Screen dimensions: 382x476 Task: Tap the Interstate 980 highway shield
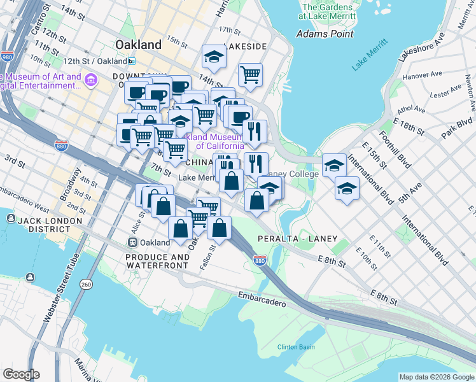click(x=7, y=57)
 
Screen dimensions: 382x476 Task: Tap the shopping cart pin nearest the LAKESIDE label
click(x=251, y=74)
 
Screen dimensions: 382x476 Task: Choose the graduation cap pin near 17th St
click(x=214, y=57)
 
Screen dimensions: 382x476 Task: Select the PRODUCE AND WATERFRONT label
click(x=157, y=262)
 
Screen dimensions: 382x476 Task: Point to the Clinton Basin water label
click(x=296, y=347)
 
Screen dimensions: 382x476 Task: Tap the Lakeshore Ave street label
click(x=421, y=45)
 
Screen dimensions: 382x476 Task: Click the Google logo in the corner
click(x=20, y=374)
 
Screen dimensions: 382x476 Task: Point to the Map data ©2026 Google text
click(x=437, y=377)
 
